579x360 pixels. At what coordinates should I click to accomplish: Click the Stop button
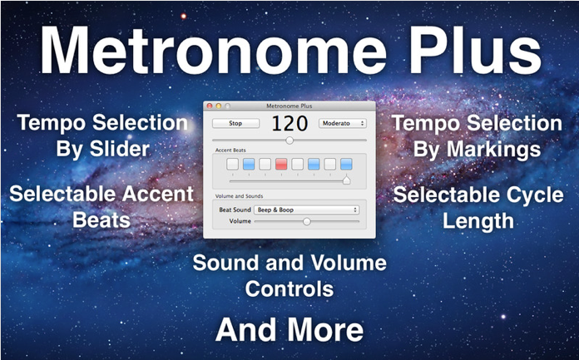click(x=235, y=123)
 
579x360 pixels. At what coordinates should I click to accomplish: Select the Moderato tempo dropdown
click(x=343, y=123)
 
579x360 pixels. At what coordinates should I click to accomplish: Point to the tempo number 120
click(x=289, y=124)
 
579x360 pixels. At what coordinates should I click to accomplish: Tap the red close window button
click(x=210, y=106)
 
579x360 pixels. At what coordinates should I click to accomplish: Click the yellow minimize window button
click(x=218, y=106)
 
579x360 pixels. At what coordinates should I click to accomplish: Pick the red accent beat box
click(x=281, y=164)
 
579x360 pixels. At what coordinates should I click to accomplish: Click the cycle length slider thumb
click(x=346, y=180)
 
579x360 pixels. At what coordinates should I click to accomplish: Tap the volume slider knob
click(x=306, y=221)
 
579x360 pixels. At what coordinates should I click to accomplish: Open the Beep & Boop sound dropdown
click(x=307, y=210)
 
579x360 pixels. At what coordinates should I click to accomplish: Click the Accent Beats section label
click(x=230, y=150)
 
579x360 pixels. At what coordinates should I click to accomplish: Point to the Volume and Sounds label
click(x=239, y=196)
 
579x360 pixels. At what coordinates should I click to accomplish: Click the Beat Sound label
click(x=235, y=210)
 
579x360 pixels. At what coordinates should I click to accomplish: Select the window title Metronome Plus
click(x=289, y=106)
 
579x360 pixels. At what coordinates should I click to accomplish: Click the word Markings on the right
click(x=493, y=150)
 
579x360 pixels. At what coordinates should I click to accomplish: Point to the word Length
click(x=478, y=221)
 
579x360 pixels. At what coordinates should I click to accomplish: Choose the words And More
click(x=289, y=330)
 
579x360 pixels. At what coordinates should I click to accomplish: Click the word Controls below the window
click(x=289, y=288)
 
